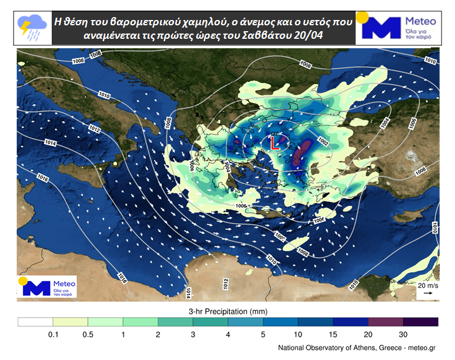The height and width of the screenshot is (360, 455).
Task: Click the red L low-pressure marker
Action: (275, 143)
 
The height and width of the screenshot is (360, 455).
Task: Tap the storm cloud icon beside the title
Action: (32, 24)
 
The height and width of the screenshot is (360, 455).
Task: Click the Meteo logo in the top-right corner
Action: (397, 28)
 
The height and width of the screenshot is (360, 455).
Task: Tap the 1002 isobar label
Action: (323, 140)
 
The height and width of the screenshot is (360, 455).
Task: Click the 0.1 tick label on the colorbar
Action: (53, 334)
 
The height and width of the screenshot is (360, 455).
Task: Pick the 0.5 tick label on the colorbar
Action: (88, 334)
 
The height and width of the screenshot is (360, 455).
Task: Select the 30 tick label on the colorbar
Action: (403, 334)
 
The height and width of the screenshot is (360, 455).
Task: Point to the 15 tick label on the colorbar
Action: (333, 334)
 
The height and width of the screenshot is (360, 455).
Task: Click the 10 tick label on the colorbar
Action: (298, 334)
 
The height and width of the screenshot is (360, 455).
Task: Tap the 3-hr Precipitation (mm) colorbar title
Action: (228, 310)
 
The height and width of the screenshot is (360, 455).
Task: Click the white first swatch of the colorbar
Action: (35, 322)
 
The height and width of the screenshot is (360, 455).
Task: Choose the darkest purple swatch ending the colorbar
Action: (421, 322)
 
